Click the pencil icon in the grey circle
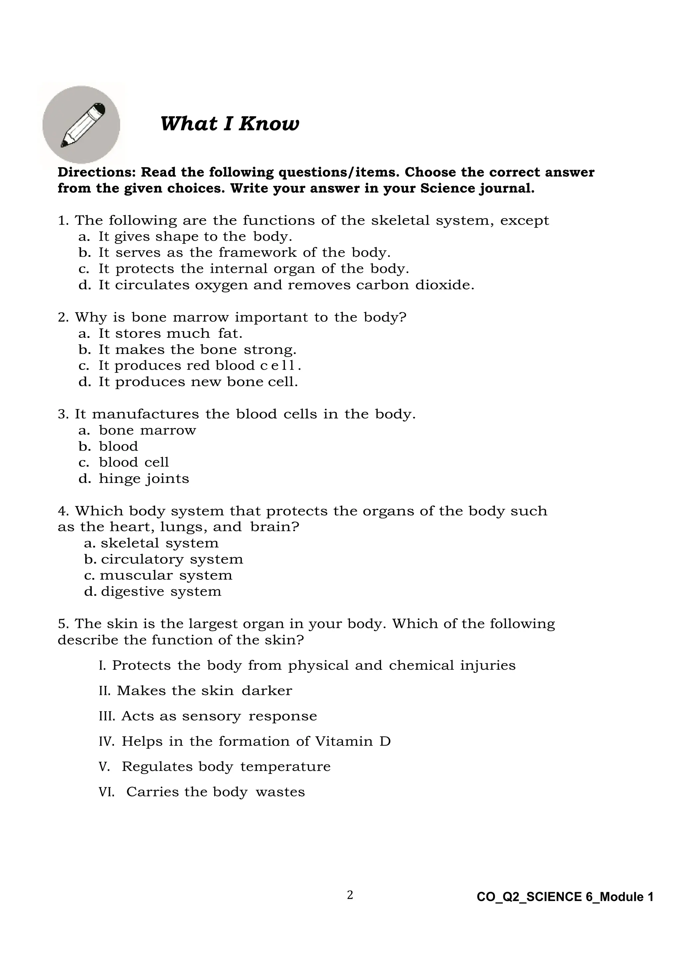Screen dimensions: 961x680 click(x=82, y=125)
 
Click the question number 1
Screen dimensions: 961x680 click(x=63, y=221)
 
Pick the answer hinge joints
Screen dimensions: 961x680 click(x=144, y=479)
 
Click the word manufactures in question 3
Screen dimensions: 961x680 click(x=145, y=414)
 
